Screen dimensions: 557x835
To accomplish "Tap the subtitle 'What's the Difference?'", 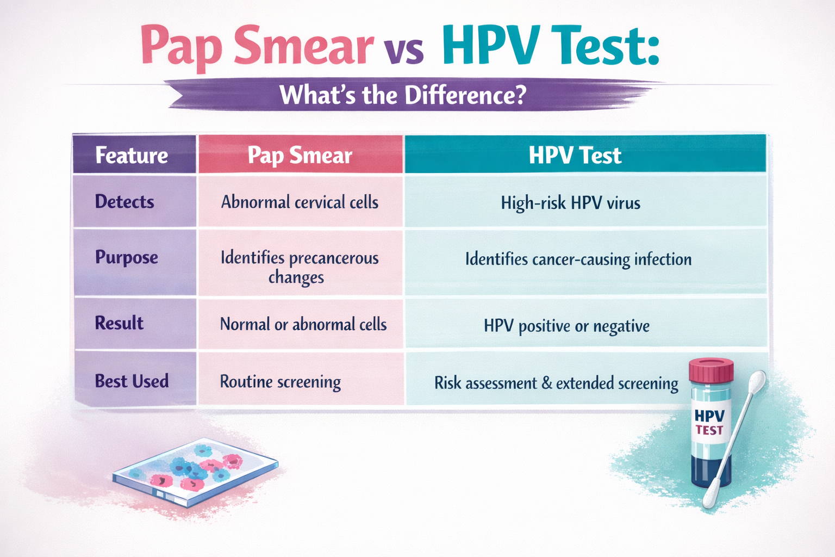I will point(403,95).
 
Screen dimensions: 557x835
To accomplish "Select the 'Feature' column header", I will point(132,156).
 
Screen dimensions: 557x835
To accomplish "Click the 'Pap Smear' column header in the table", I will point(300,156).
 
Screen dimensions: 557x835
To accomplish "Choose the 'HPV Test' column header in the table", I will point(575,156).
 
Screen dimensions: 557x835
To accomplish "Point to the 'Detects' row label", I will point(124,202).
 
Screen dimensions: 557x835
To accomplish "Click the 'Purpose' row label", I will point(127,257).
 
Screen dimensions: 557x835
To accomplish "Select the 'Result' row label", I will point(119,323).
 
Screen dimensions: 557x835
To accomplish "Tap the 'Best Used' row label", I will point(132,381).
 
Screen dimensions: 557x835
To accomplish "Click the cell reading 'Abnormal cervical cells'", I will point(300,202).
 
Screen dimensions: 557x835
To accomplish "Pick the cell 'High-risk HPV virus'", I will point(570,203).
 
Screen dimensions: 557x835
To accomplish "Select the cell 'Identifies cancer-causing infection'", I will point(578,259).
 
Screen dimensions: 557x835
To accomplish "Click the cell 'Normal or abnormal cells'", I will point(303,325).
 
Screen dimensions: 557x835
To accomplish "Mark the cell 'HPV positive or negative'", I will point(566,326).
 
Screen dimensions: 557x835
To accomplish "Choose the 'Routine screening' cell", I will point(280,382).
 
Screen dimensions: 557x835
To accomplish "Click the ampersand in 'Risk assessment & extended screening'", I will point(546,383).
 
